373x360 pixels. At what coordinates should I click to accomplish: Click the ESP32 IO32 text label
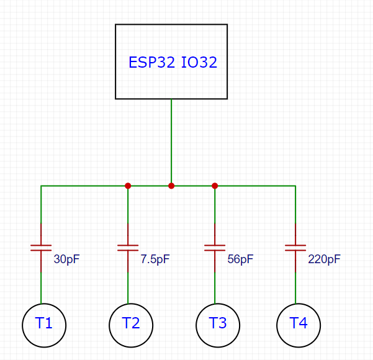pos(173,62)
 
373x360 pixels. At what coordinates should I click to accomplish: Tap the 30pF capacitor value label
pos(66,259)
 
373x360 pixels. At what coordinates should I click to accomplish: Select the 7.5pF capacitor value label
pos(155,259)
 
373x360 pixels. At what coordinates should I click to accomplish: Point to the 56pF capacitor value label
pos(240,259)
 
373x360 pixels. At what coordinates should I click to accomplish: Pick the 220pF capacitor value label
pos(324,259)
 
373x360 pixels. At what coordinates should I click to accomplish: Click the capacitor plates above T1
pos(41,248)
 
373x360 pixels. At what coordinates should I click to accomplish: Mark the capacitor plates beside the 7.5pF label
pos(128,248)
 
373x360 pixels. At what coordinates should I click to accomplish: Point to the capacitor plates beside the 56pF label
pos(215,248)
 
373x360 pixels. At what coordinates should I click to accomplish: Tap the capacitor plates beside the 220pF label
pos(295,248)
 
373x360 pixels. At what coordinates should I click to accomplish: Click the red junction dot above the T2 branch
pos(128,186)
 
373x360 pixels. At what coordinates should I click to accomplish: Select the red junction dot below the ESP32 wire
pos(171,186)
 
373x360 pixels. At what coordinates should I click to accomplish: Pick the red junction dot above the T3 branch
pos(215,186)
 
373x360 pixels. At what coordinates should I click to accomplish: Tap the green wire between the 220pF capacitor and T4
pos(295,288)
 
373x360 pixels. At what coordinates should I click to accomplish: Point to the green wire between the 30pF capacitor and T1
pos(41,288)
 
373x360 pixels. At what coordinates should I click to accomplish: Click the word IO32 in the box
pos(199,62)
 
